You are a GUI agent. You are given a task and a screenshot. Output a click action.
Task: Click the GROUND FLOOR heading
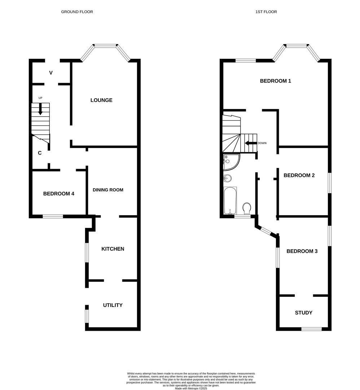[x=77, y=12]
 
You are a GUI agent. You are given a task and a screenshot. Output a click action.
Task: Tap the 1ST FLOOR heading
[x=266, y=12]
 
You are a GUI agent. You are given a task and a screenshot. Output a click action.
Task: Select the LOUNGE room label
[x=101, y=100]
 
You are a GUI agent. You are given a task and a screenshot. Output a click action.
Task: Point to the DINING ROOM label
[x=108, y=190]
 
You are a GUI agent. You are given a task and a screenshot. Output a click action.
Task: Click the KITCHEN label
[x=113, y=249]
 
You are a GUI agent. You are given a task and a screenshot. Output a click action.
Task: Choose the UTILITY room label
[x=113, y=305]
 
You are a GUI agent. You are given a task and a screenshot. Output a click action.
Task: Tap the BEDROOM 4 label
[x=58, y=194]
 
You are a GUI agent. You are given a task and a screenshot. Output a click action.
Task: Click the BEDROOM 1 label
[x=275, y=81]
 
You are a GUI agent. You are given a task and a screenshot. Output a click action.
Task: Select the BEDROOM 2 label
[x=299, y=175]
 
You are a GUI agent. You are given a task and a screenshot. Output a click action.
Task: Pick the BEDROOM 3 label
[x=302, y=251]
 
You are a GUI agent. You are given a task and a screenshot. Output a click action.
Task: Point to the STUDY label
[x=303, y=313]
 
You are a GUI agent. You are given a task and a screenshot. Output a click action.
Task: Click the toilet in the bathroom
[x=247, y=208]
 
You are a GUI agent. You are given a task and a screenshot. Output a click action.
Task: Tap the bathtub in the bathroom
[x=230, y=201]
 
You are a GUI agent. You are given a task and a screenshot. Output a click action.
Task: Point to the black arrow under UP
[x=40, y=109]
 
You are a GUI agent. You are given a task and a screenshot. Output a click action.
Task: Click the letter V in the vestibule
[x=51, y=73]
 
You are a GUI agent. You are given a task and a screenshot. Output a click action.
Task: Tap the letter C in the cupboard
[x=40, y=153]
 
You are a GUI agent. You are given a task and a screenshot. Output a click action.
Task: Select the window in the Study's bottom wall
[x=311, y=329]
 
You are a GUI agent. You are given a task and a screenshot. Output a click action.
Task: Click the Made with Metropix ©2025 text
[x=191, y=389]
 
